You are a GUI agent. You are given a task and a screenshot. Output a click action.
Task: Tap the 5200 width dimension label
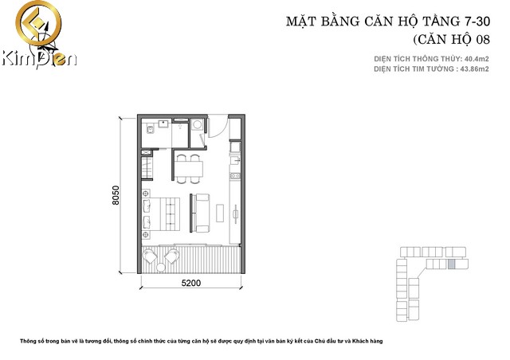[190, 282]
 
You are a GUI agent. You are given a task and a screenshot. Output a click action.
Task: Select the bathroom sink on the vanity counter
[163, 123]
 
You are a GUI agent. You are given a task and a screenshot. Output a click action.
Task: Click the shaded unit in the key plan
[450, 264]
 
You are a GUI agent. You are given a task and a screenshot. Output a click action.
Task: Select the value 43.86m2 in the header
[469, 69]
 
